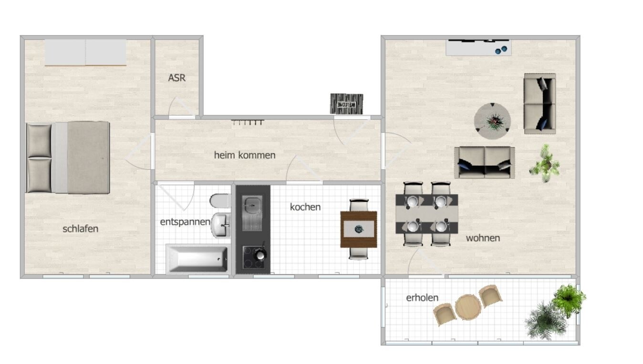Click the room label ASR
176,78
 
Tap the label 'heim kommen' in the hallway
245,155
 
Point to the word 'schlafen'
80,229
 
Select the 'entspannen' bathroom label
185,222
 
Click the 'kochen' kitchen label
305,207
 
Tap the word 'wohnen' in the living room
483,238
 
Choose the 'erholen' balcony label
422,298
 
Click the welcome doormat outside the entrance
346,104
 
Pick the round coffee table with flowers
492,121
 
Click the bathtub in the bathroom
197,259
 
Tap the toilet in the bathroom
220,201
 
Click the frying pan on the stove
260,254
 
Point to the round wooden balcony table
468,307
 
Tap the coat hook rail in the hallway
248,122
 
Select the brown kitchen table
359,229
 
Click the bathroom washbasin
221,225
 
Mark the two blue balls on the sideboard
501,50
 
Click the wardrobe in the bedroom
85,52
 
